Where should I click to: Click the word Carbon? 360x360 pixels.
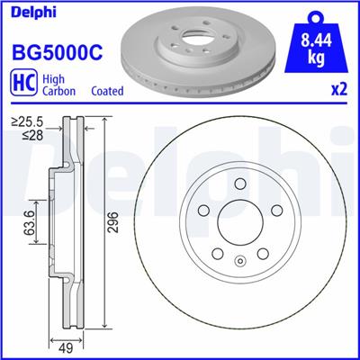(x=60, y=91)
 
